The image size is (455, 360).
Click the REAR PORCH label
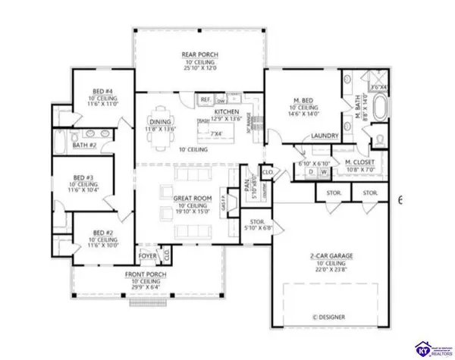point(199,54)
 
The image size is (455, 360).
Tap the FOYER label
point(147,256)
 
